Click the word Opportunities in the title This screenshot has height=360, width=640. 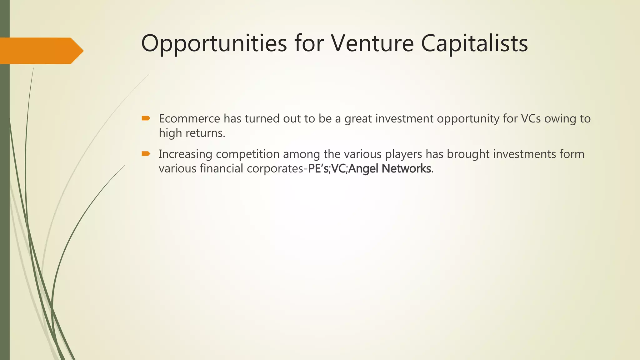pyautogui.click(x=214, y=43)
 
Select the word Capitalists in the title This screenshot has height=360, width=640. pyautogui.click(x=474, y=43)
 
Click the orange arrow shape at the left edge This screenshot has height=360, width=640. pyautogui.click(x=41, y=51)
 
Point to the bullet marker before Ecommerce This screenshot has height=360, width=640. pyautogui.click(x=146, y=118)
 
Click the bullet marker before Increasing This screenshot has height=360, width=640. pyautogui.click(x=146, y=153)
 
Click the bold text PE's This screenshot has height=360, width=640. pyautogui.click(x=318, y=169)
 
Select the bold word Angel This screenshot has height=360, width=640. pyautogui.click(x=363, y=169)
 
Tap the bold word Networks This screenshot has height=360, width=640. pyautogui.click(x=406, y=169)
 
